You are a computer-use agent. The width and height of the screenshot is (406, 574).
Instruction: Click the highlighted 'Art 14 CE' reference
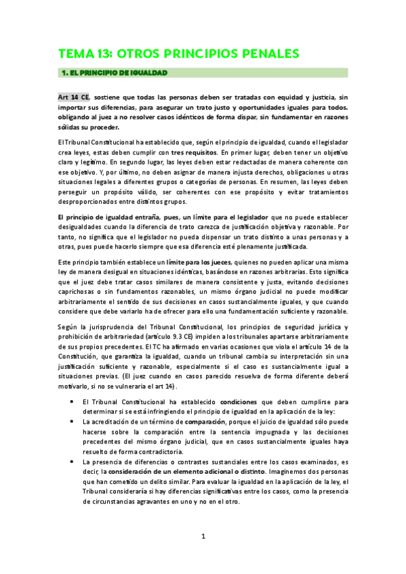74,97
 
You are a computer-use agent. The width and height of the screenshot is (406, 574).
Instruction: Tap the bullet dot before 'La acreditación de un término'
73,402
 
